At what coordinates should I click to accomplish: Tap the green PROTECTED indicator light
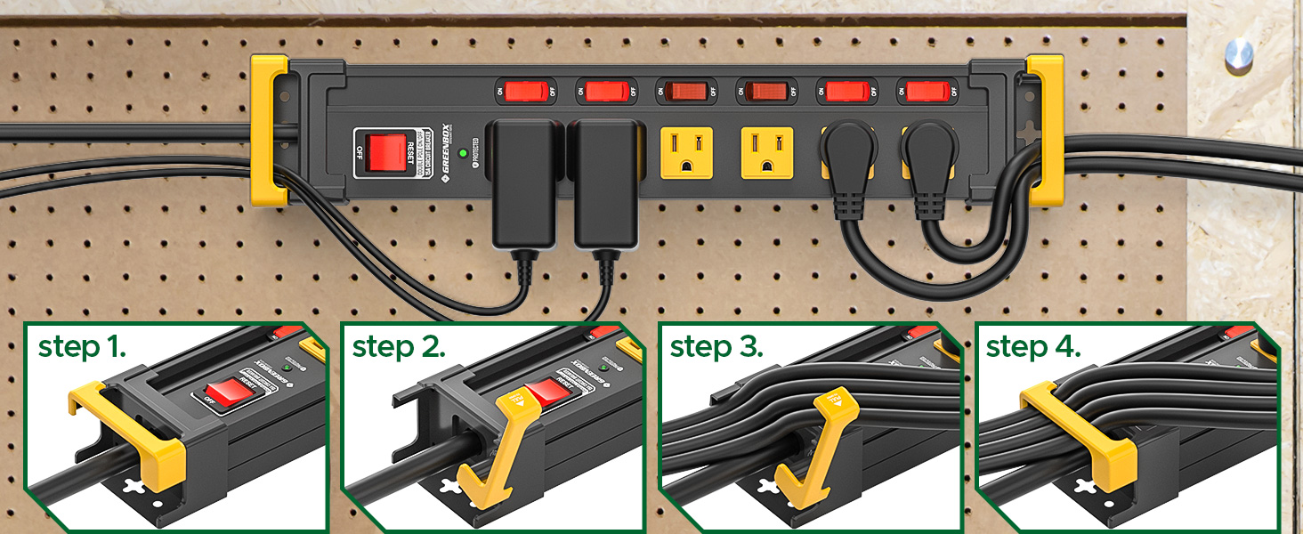pos(463,153)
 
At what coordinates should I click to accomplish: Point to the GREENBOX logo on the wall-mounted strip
pos(447,152)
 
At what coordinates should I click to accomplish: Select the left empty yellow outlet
pos(685,152)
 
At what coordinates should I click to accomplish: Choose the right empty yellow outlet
pos(767,152)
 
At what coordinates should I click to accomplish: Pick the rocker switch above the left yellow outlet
pos(685,91)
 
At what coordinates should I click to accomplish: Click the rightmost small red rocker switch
pos(927,91)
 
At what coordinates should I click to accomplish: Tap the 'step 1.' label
pos(81,348)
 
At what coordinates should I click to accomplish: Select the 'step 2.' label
pos(398,348)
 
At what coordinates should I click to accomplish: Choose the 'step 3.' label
pos(715,348)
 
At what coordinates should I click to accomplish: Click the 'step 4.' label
pos(1032,348)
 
